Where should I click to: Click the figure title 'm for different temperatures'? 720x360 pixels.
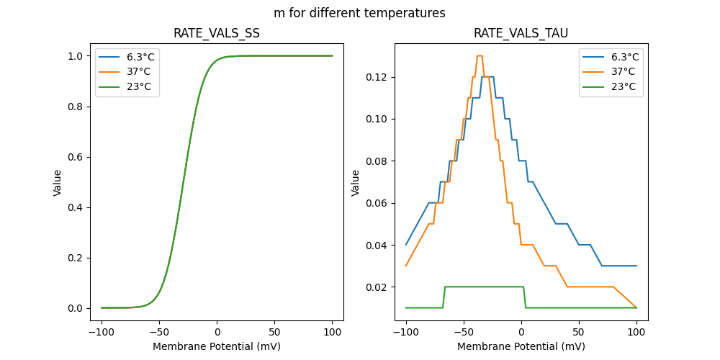359,13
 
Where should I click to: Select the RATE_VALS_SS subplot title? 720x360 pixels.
217,33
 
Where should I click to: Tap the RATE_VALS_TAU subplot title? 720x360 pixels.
521,33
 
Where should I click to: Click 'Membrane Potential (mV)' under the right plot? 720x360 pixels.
521,346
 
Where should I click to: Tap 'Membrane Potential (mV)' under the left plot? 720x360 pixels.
217,346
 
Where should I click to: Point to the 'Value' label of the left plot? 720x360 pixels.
58,182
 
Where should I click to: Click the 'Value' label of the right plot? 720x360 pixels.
355,182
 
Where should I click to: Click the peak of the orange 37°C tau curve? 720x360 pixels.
479,55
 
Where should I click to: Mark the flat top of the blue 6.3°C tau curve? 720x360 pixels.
487,76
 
